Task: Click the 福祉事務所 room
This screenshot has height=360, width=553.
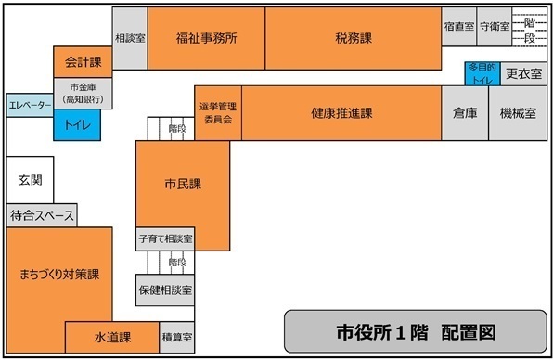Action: [x=206, y=39]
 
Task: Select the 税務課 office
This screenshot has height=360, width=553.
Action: [x=353, y=39]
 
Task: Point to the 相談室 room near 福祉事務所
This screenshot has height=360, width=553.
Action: [x=130, y=39]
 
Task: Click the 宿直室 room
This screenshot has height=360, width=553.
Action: [x=458, y=26]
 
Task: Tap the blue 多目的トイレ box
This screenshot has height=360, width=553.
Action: [x=482, y=73]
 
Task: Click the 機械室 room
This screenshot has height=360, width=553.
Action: [x=518, y=113]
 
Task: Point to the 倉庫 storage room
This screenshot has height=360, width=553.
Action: [x=465, y=113]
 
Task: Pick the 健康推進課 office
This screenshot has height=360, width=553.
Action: [x=341, y=113]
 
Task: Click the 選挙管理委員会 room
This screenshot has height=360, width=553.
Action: [x=219, y=113]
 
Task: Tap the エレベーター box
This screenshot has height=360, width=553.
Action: [x=30, y=106]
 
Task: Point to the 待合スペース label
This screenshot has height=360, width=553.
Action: [x=42, y=216]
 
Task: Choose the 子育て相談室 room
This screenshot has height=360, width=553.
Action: [x=165, y=238]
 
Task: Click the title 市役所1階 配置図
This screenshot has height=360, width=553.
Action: [x=416, y=331]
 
